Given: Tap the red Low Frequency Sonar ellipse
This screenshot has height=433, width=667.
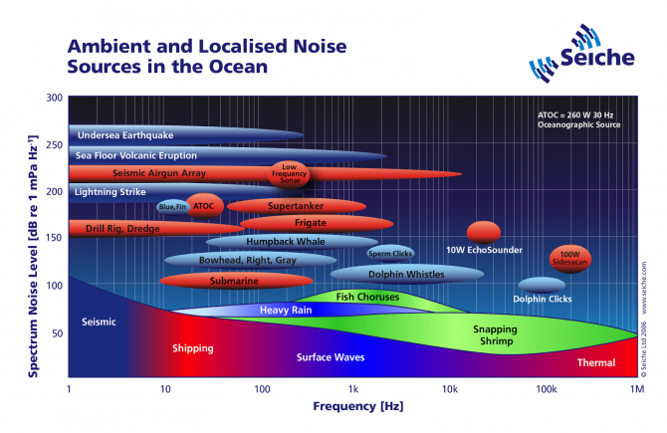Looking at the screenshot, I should point(290,173).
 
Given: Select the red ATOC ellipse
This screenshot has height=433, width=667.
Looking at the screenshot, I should point(204,206).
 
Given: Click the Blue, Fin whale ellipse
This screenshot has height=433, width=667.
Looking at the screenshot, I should point(172,206).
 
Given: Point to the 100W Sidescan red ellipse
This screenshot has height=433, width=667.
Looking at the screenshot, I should point(570,258).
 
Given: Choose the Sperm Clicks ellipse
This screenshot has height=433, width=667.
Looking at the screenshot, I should point(390,253).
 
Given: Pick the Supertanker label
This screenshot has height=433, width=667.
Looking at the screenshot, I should point(289,206).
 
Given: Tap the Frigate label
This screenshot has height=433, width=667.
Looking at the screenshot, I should point(304,223).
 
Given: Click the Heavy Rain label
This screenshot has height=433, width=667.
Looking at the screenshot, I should point(287,311).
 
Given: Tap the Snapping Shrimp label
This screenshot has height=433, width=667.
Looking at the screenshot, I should point(494,335).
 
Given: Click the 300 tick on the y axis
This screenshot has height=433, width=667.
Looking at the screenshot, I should point(53,99).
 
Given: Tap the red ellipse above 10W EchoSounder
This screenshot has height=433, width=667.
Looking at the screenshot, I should point(484,232).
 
